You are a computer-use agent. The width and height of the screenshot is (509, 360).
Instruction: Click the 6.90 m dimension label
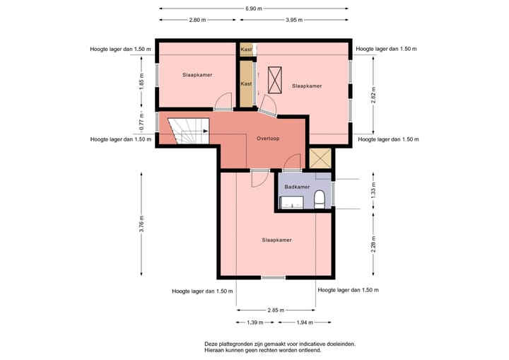point(254,8)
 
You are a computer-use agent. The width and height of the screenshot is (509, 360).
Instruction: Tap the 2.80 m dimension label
point(197,20)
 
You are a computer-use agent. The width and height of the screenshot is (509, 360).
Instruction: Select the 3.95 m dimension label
point(294,20)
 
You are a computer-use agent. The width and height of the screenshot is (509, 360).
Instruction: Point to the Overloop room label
point(268,139)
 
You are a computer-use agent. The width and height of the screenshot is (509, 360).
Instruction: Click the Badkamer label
point(297,187)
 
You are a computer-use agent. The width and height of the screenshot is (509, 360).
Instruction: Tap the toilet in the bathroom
point(320,199)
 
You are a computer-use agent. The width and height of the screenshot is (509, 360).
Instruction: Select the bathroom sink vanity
point(292,202)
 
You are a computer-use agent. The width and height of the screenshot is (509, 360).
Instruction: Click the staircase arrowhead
point(206,131)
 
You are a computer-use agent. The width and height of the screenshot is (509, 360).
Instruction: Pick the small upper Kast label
point(246,50)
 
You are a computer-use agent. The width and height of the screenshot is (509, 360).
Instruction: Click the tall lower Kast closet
point(247,84)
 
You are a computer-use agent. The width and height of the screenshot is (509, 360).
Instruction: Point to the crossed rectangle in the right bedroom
point(274,80)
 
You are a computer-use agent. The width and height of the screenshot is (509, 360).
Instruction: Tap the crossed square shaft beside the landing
point(320,158)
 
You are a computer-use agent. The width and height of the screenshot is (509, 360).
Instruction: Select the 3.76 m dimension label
point(141,224)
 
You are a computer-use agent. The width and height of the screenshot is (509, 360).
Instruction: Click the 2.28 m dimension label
point(373,244)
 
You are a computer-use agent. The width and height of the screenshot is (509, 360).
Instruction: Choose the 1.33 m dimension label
point(373,191)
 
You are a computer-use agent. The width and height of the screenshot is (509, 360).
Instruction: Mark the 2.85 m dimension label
point(276,310)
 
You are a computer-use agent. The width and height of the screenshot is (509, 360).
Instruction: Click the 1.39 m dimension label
point(255,323)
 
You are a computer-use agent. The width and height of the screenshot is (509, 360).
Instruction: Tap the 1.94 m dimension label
point(305,323)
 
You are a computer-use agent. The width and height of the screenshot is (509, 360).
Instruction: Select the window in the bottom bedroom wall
point(274,277)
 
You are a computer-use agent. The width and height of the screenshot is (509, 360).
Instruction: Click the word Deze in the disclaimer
point(211,344)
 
